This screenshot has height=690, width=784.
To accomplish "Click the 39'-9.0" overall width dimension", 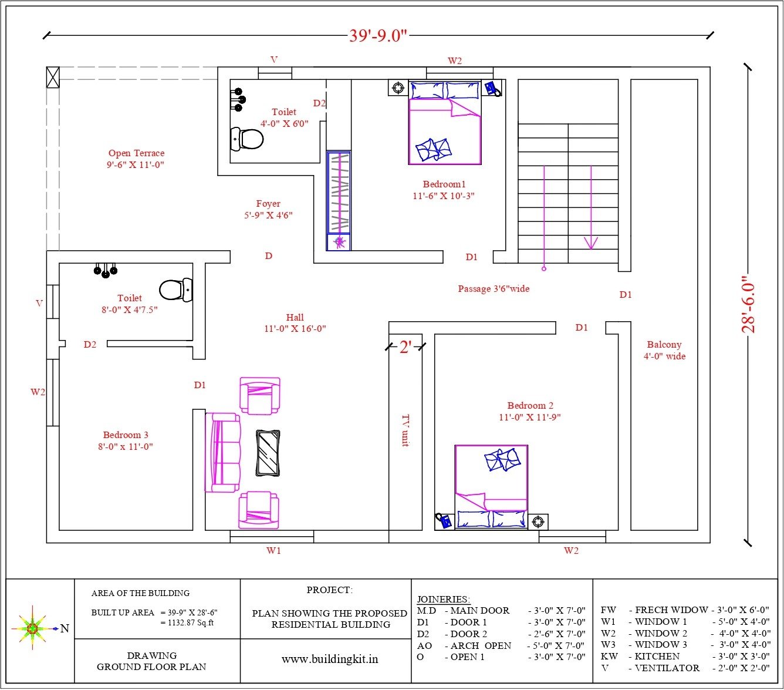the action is [x=378, y=36].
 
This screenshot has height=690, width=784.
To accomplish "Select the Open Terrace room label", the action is [x=136, y=159].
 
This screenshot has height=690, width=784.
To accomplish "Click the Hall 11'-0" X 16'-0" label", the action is [x=295, y=323].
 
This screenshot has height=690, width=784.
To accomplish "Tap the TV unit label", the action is [x=405, y=430].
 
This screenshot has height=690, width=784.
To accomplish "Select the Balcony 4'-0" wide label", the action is [x=664, y=350].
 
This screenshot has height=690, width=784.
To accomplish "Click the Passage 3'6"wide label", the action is [x=494, y=288].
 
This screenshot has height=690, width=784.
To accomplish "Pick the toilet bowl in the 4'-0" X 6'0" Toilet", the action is [x=247, y=139].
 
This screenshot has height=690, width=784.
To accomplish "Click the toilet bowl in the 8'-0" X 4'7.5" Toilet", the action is [x=176, y=290].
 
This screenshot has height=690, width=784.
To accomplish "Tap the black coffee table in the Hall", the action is [x=268, y=453].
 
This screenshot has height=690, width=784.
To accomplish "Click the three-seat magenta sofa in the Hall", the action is [x=222, y=452].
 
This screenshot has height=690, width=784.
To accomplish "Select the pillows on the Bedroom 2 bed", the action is [x=502, y=460].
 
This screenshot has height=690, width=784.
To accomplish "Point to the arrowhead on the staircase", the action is [x=591, y=243].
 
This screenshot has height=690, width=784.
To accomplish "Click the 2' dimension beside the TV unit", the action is [x=405, y=347].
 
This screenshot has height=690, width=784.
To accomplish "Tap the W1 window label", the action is [x=273, y=550].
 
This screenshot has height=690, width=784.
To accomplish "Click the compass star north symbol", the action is [x=32, y=628].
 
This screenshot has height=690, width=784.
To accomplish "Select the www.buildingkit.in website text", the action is [x=330, y=659].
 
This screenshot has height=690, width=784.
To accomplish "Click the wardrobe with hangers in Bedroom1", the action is [x=339, y=201].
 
